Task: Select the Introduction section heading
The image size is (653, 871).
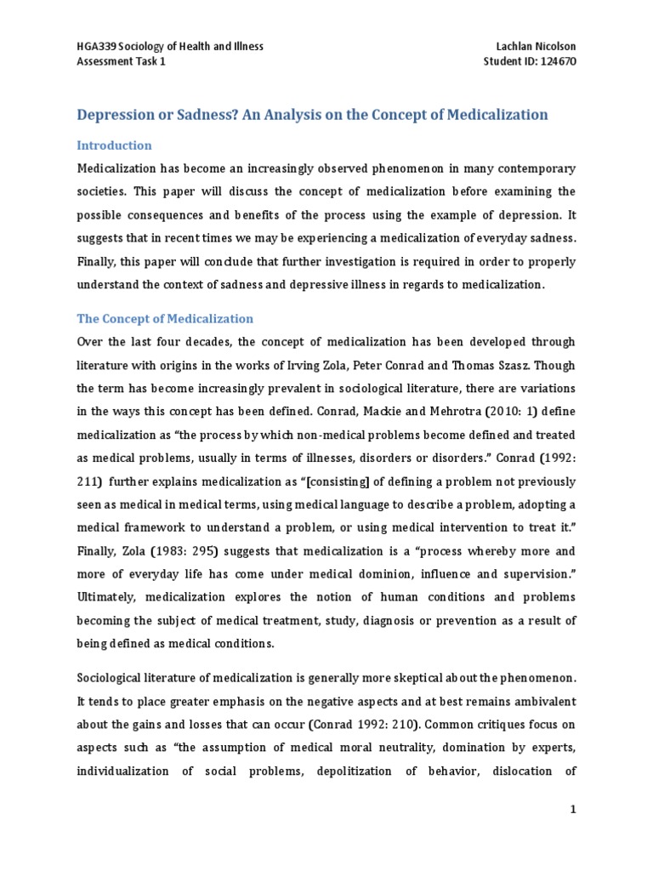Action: click(x=114, y=145)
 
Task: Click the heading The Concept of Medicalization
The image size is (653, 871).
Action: click(x=165, y=319)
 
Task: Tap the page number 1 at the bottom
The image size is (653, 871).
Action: click(x=573, y=810)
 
